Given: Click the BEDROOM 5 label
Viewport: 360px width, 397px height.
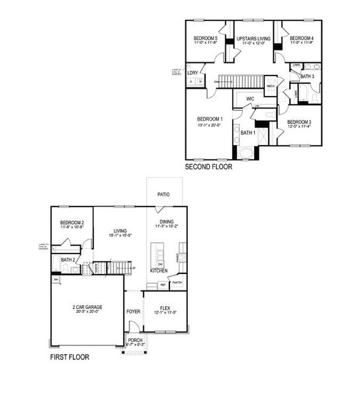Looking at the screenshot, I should (x=205, y=38).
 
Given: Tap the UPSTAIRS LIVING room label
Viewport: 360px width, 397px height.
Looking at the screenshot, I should (x=254, y=38).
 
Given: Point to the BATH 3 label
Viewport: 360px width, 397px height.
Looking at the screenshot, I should (x=307, y=77).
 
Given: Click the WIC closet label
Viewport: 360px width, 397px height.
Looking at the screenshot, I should (x=250, y=99).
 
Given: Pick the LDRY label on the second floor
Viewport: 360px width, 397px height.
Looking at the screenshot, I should (x=193, y=73).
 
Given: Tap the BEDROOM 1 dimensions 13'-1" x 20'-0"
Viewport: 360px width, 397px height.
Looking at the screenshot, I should (x=210, y=125).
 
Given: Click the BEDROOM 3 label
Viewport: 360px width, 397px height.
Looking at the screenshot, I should (x=299, y=122).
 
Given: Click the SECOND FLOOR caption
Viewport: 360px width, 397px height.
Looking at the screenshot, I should (x=208, y=167).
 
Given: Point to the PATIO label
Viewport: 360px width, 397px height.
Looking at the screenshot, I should (x=163, y=195).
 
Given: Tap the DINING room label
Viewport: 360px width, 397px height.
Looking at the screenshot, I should (x=165, y=223).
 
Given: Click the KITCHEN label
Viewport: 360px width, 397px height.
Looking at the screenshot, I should (x=159, y=271).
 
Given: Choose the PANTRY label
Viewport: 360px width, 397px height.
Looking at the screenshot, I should (x=177, y=284).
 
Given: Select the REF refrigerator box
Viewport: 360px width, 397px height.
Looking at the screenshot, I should (x=163, y=285).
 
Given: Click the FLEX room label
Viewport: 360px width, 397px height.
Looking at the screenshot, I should (x=165, y=308).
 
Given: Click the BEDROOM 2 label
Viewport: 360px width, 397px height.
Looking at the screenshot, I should (x=71, y=223).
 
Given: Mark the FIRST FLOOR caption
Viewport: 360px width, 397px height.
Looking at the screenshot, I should (x=70, y=357).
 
